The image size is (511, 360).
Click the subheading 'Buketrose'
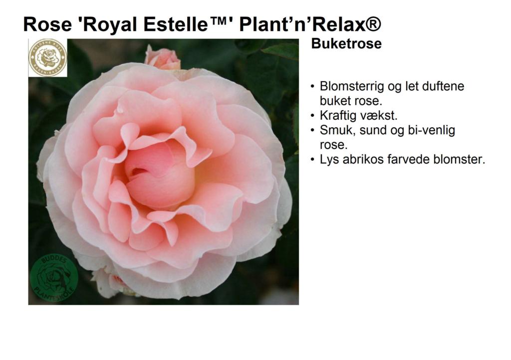[x=346, y=44]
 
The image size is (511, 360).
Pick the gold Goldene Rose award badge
[x=47, y=58]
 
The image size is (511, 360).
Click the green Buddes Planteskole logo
[x=54, y=278]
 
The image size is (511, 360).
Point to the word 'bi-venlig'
[x=432, y=131]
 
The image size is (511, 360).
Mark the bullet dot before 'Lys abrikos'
[x=312, y=160]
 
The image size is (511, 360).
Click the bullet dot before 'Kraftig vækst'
[x=312, y=116]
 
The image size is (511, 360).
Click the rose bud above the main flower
[x=162, y=58]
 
